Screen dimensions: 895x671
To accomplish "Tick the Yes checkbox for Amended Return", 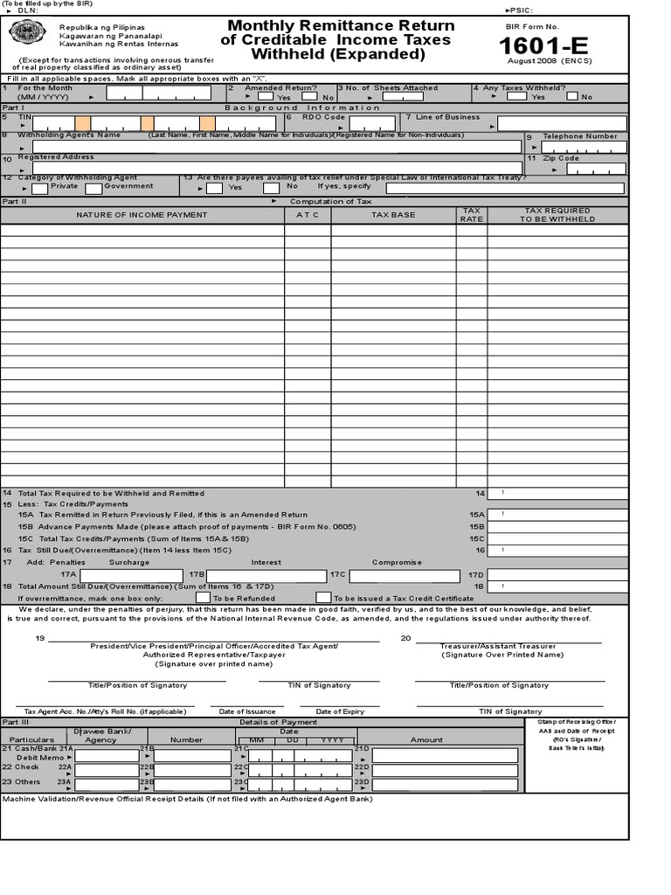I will point(266,96).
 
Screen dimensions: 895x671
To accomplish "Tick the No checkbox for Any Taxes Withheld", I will point(572,96).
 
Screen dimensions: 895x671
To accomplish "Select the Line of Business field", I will point(562,123).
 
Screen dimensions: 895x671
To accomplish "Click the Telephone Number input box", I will point(584,147).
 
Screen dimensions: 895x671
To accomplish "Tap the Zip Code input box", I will point(596,169).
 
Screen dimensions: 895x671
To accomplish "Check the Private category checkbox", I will point(40,188).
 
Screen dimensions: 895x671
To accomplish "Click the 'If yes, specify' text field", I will point(505,188).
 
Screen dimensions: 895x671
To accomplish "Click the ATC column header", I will point(308,215).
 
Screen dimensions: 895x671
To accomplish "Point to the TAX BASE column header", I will point(393,215).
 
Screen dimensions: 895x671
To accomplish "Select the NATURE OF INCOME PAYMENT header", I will point(142,215).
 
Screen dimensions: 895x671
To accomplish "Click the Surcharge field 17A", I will point(132,575).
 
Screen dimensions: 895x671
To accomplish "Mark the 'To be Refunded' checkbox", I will point(203,597).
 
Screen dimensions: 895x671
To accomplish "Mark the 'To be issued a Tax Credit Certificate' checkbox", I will point(324,597).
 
